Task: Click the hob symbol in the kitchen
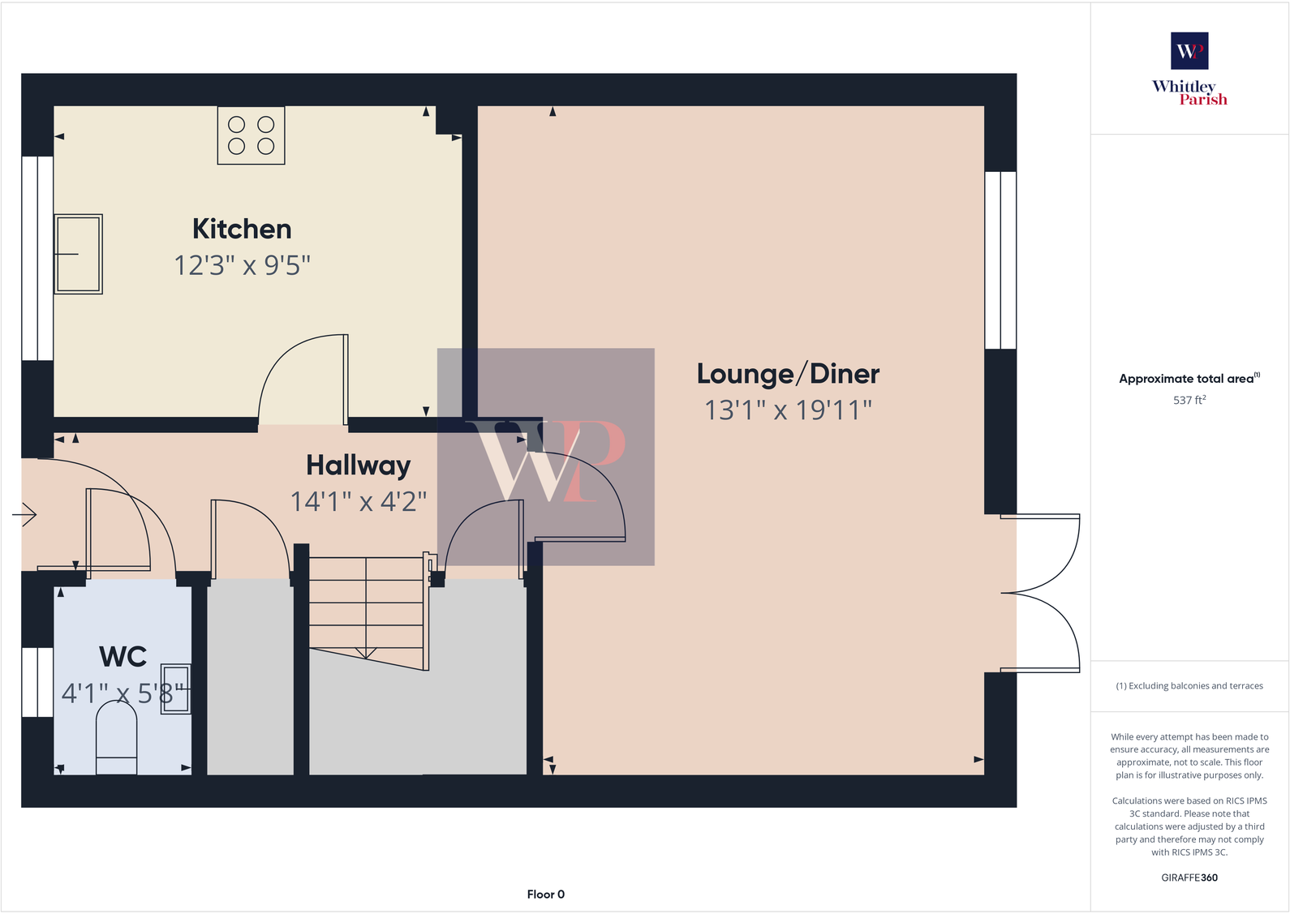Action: coord(251,135)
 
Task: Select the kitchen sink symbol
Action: coord(78,254)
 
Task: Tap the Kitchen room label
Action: coord(242,230)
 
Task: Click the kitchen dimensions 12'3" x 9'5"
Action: coord(242,265)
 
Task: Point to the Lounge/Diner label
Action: coord(788,374)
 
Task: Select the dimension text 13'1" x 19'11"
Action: coord(788,410)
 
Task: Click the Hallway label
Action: coord(358,466)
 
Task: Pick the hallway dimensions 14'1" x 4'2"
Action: coord(358,502)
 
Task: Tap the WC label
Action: coord(123,657)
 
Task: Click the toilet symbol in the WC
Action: coord(116,736)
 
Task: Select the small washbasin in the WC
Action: coord(176,689)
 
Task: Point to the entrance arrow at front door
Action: coord(25,514)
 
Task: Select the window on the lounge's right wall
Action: coord(1000,260)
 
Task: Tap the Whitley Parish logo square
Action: coord(1189,51)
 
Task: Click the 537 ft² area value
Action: coord(1189,400)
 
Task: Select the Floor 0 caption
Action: coord(545,894)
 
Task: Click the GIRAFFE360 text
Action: coord(1189,878)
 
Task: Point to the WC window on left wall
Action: coord(37,682)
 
